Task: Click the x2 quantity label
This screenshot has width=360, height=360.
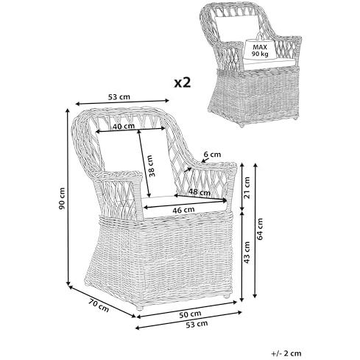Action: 183,82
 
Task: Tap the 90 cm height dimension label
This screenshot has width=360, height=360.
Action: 62,198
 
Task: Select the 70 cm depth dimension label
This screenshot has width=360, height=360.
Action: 99,305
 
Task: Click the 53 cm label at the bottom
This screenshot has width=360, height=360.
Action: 197,325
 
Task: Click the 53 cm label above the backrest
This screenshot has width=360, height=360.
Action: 119,97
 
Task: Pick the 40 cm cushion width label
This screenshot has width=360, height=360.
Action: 124,126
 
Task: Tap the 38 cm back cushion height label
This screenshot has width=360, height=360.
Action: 152,166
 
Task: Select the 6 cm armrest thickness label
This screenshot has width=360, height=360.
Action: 212,155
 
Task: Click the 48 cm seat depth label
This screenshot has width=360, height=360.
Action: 200,191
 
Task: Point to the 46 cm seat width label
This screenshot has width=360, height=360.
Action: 183,210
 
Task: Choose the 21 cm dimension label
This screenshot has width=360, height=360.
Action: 247,188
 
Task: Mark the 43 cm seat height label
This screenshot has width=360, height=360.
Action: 247,253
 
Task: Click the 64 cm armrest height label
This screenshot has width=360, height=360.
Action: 260,229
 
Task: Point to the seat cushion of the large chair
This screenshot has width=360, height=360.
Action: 186,205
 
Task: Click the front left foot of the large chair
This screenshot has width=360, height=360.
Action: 140,307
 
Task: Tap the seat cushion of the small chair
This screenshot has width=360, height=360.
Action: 270,63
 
